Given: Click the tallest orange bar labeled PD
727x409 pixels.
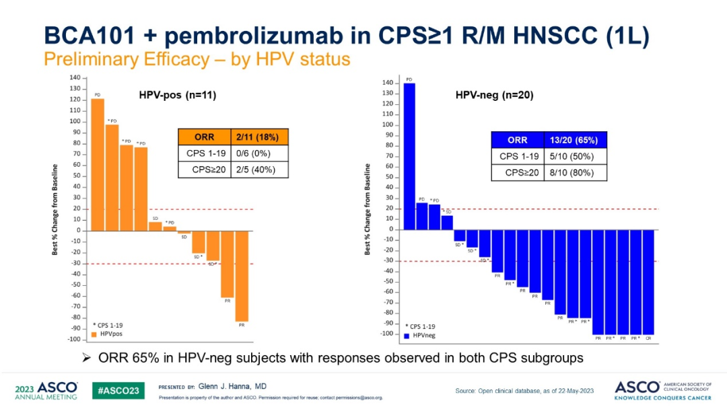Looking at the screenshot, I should click(x=98, y=165).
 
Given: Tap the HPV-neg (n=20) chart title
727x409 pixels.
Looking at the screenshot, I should click(x=495, y=96).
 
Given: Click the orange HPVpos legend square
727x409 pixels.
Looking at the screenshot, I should click(x=95, y=334).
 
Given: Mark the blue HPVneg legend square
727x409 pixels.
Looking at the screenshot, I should click(x=407, y=335).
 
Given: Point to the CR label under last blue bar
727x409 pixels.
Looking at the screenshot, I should click(x=648, y=338).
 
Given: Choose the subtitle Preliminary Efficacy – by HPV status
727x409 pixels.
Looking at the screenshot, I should click(x=197, y=59).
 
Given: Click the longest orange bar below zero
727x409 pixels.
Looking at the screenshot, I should click(x=242, y=276).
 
